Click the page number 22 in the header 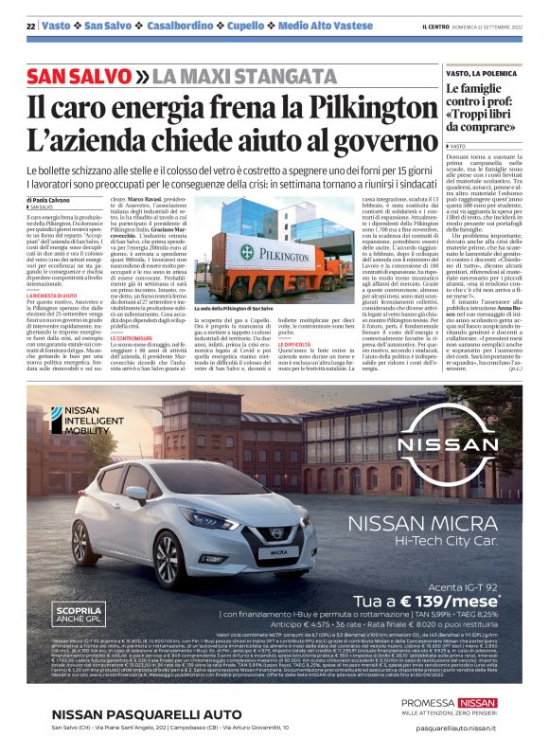click(31, 27)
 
